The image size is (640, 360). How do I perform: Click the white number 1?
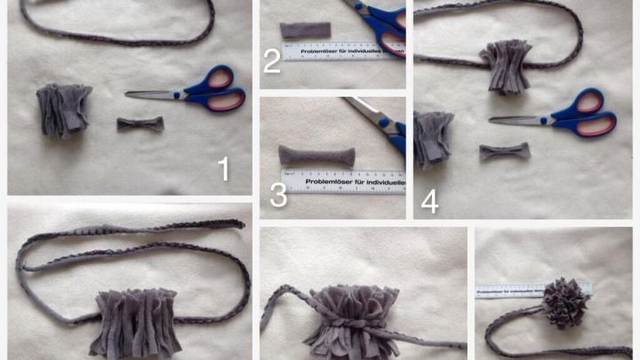tap(223, 168)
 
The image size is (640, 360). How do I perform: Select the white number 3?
tap(278, 196)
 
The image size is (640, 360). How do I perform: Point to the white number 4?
tap(429, 201)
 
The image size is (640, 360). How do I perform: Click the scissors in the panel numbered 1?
tap(191, 93)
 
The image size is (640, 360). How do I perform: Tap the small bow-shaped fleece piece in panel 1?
tap(140, 124)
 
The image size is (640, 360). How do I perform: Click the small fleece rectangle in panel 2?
tap(305, 29)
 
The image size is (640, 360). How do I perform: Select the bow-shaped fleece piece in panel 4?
tap(504, 151)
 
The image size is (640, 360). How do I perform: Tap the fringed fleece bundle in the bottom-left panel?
tap(136, 320)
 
